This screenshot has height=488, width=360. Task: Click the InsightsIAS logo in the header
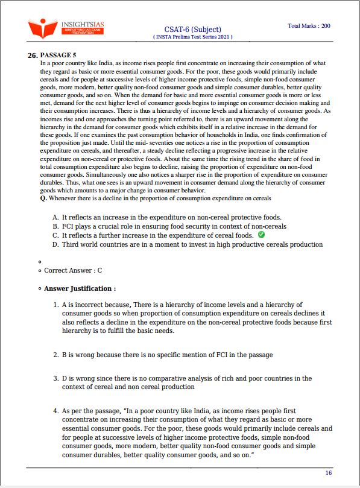pos(66,28)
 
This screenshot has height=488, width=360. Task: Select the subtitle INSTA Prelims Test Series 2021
pos(192,37)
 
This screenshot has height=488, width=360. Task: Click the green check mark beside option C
pos(261,235)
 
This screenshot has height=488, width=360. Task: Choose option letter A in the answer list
pos(55,217)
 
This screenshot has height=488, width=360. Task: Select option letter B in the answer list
pos(55,226)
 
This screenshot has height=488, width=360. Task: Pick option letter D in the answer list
pos(55,244)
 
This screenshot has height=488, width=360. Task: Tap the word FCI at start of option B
pos(68,226)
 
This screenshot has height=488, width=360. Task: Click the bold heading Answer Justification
pos(80,289)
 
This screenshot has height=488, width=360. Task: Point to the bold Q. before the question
pos(43,198)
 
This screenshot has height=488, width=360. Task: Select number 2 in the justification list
pos(55,355)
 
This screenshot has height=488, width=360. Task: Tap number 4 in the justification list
pos(55,410)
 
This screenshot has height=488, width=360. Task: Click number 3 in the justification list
pos(55,378)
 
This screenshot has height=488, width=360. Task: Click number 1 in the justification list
pos(55,305)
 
